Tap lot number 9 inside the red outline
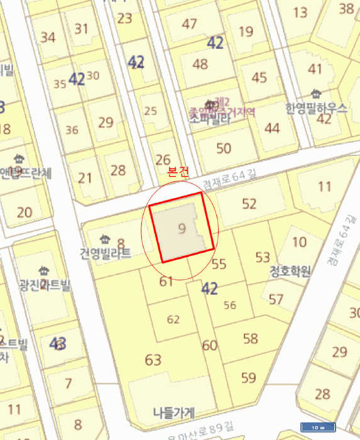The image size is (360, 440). (x=182, y=228)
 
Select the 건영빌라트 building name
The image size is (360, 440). (x=105, y=254)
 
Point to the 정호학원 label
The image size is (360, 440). (x=290, y=272)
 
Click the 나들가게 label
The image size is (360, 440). (x=174, y=412)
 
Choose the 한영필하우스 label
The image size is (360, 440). (x=315, y=107)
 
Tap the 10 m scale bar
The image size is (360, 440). (x=318, y=427)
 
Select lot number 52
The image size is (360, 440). (x=249, y=203)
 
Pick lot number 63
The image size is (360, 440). (x=153, y=360)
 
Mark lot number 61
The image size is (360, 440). (x=166, y=281)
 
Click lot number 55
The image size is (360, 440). (x=219, y=264)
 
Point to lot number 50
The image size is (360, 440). (x=224, y=148)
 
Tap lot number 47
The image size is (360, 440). (x=189, y=24)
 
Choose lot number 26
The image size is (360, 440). (x=163, y=159)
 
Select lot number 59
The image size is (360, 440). (x=249, y=378)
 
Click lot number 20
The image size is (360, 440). (x=25, y=212)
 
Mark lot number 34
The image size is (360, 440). (x=48, y=36)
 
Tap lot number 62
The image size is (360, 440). (x=173, y=319)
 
